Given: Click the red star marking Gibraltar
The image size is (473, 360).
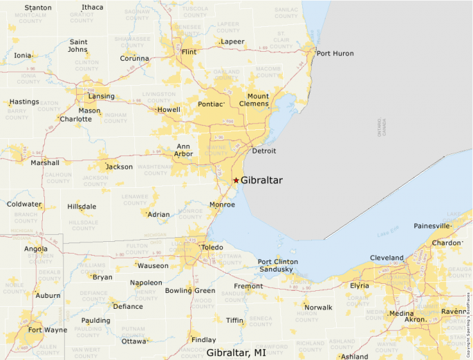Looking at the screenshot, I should point(236,180).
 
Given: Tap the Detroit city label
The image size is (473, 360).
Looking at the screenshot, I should point(263,151).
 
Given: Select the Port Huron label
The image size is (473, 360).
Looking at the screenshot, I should point(335,53).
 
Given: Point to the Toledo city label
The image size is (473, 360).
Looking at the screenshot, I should point(212,247).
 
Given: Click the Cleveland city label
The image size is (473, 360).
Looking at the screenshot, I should point(387,258).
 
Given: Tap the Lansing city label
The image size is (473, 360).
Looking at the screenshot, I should point(101,97).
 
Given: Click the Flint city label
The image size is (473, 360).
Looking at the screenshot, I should point(189,52).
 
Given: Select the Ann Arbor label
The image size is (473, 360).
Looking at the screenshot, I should point(183,150).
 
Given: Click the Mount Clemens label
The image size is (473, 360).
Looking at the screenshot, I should point(258,100).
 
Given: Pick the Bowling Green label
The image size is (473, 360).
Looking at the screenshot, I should point(190,291).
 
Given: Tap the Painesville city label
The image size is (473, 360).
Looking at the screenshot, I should point(432,226).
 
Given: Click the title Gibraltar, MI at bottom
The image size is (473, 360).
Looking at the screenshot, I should point(236,352).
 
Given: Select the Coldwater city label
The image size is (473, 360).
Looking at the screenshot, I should point(24,205).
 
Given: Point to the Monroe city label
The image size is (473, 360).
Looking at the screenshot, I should point(222,205).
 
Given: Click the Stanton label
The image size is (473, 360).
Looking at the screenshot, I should point(38,8).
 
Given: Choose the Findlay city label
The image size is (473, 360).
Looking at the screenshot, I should point(203,340).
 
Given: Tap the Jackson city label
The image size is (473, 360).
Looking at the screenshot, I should point(119,167).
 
